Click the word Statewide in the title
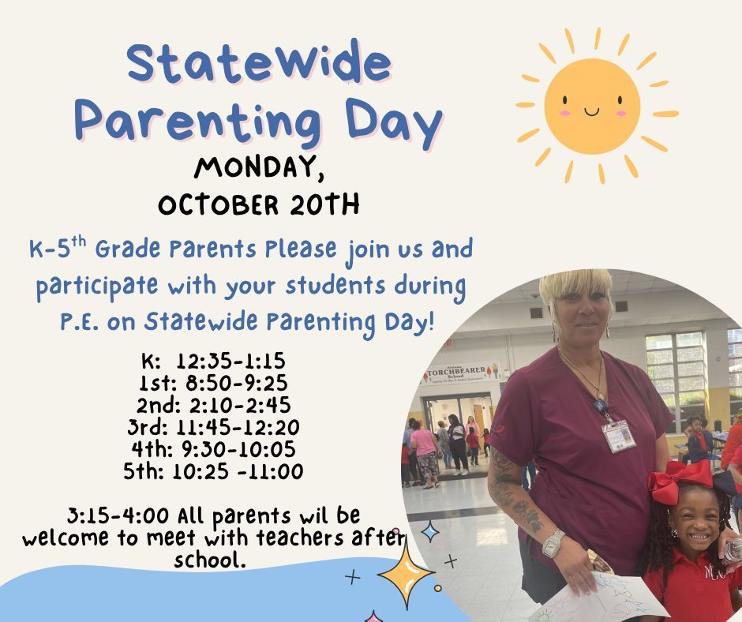pyautogui.click(x=258, y=64)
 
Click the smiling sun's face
pyautogui.click(x=592, y=105)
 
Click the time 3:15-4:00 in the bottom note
pyautogui.click(x=117, y=517)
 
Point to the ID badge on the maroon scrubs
pyautogui.click(x=618, y=435)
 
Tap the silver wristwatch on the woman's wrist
pyautogui.click(x=553, y=543)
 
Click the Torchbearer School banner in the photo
pyautogui.click(x=463, y=373)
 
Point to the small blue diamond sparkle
pyautogui.click(x=430, y=531)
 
